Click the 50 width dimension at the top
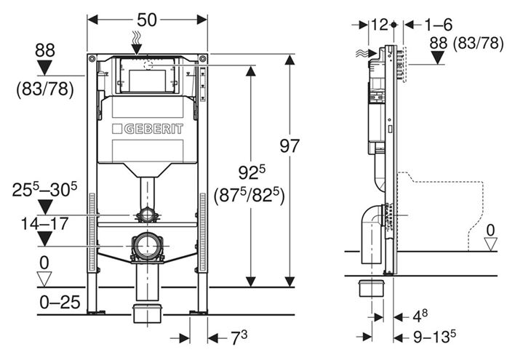coord(147,20)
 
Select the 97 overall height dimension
coord(290,146)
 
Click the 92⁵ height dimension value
coord(252,172)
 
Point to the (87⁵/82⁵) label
coord(249,196)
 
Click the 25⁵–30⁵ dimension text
coord(44,189)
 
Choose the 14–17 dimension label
coord(44,223)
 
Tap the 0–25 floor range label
coord(60,302)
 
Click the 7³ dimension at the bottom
coord(239,337)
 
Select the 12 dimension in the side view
coord(379,25)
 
